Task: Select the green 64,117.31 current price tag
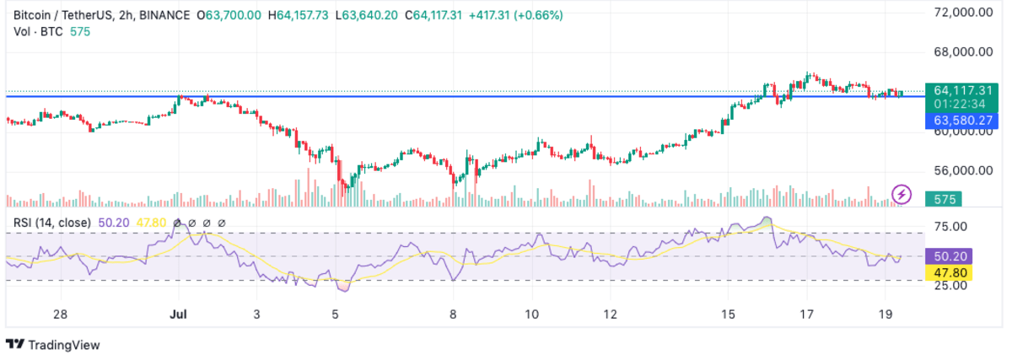click(962, 90)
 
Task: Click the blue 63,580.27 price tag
click(962, 121)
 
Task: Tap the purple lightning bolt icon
click(902, 195)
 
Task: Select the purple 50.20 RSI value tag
click(949, 256)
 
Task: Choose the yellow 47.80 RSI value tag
click(949, 272)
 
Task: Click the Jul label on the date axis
click(179, 314)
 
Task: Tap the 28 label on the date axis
click(60, 314)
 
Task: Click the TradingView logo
click(52, 344)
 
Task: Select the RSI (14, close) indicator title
click(51, 223)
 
